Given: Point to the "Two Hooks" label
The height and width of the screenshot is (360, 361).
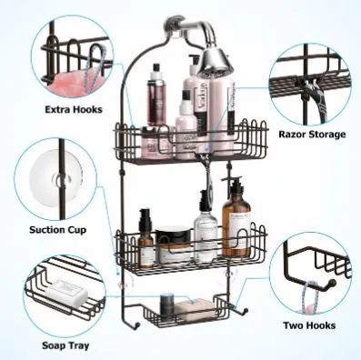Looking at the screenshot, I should (x=308, y=325).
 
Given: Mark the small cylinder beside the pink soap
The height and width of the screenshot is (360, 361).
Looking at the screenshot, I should (x=166, y=303).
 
